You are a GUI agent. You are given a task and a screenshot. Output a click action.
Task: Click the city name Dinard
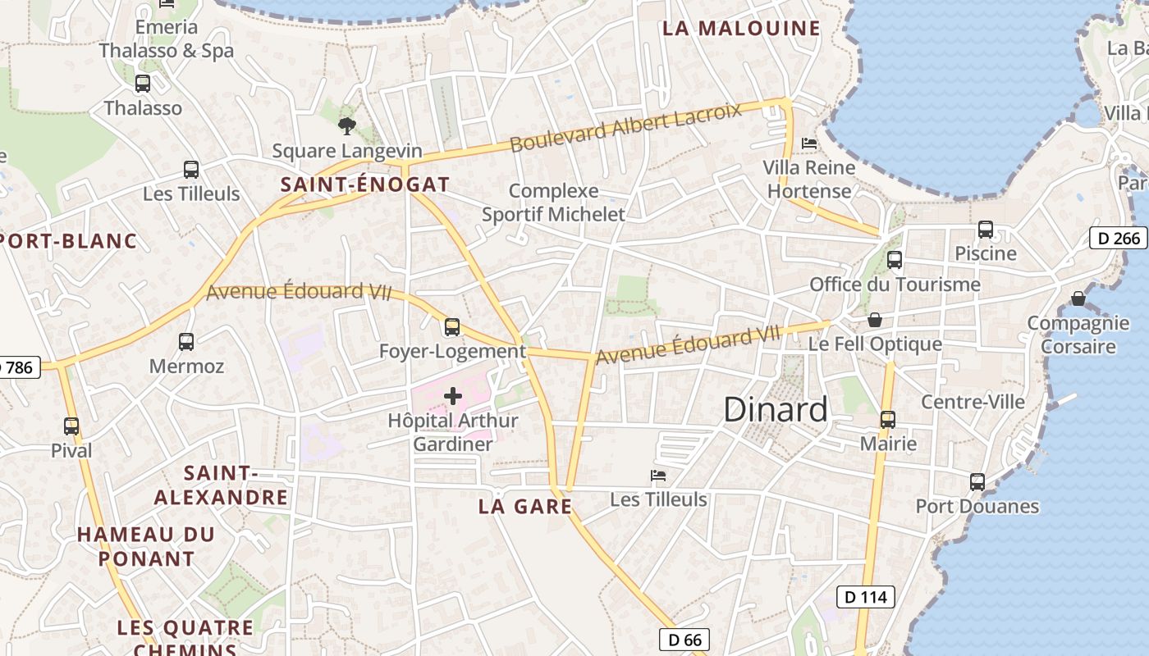776,409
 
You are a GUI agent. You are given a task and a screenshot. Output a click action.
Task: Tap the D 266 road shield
1118,239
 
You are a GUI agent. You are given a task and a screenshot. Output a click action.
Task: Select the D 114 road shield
865,597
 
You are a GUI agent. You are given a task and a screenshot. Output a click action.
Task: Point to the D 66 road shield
684,640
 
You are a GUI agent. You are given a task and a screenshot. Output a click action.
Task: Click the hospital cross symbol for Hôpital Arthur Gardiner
452,397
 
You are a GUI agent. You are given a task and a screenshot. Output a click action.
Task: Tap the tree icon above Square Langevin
347,126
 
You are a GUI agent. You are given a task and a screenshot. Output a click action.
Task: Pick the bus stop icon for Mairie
887,420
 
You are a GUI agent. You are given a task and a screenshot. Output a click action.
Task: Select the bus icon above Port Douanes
977,482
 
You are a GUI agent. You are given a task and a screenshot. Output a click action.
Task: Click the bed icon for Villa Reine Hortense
809,143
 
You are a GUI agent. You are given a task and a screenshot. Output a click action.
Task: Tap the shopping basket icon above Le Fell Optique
875,319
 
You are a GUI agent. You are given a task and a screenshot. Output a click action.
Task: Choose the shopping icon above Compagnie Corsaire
1078,298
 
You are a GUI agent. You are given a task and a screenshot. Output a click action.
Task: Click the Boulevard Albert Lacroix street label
625,128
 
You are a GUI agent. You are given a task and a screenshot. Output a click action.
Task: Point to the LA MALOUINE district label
741,29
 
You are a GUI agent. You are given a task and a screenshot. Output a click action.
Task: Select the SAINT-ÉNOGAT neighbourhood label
365,184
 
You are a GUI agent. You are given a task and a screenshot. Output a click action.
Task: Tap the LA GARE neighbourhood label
525,507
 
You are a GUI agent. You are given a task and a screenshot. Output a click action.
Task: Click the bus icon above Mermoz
186,341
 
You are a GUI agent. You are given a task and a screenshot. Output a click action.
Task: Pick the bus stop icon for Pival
71,426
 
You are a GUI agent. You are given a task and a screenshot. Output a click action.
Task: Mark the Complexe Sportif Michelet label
553,203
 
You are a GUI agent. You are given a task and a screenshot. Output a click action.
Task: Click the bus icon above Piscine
985,230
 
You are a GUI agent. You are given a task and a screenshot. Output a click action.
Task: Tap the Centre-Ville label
973,402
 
